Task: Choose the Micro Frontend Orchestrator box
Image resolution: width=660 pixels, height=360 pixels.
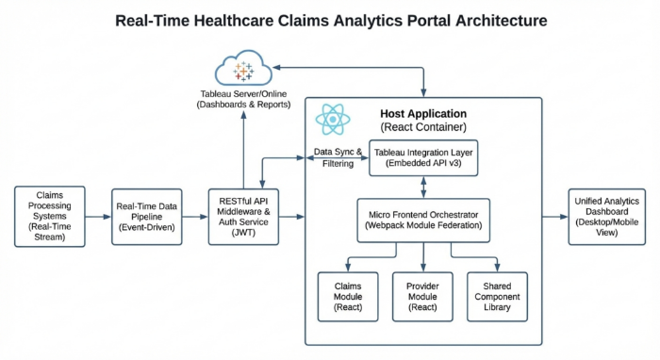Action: coord(422,217)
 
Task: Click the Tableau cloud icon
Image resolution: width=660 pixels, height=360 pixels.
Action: coord(244,71)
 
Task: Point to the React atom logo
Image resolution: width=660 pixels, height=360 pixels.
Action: coord(333,118)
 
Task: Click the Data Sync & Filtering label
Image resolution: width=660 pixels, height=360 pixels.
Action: coord(336,157)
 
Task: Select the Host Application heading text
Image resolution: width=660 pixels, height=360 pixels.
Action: coord(423,112)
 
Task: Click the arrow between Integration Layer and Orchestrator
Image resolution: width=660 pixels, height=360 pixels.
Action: coord(422,186)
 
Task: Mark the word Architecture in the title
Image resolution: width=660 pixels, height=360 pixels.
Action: coord(491,21)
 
